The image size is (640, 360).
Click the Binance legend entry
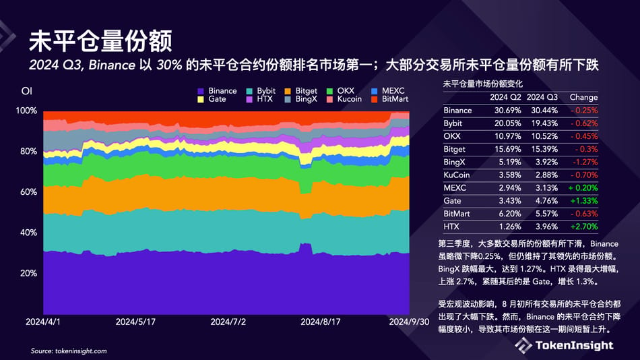(x=217, y=91)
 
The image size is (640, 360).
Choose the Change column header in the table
(x=583, y=97)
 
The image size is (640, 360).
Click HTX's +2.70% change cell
(x=583, y=226)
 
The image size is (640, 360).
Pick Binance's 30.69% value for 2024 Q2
(x=503, y=110)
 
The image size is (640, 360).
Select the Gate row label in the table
(x=452, y=200)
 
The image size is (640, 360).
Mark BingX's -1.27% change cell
(x=583, y=162)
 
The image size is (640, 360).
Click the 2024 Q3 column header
(x=542, y=97)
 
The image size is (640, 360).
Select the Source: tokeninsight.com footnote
(x=69, y=351)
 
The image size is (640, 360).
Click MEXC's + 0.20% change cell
(x=583, y=187)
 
